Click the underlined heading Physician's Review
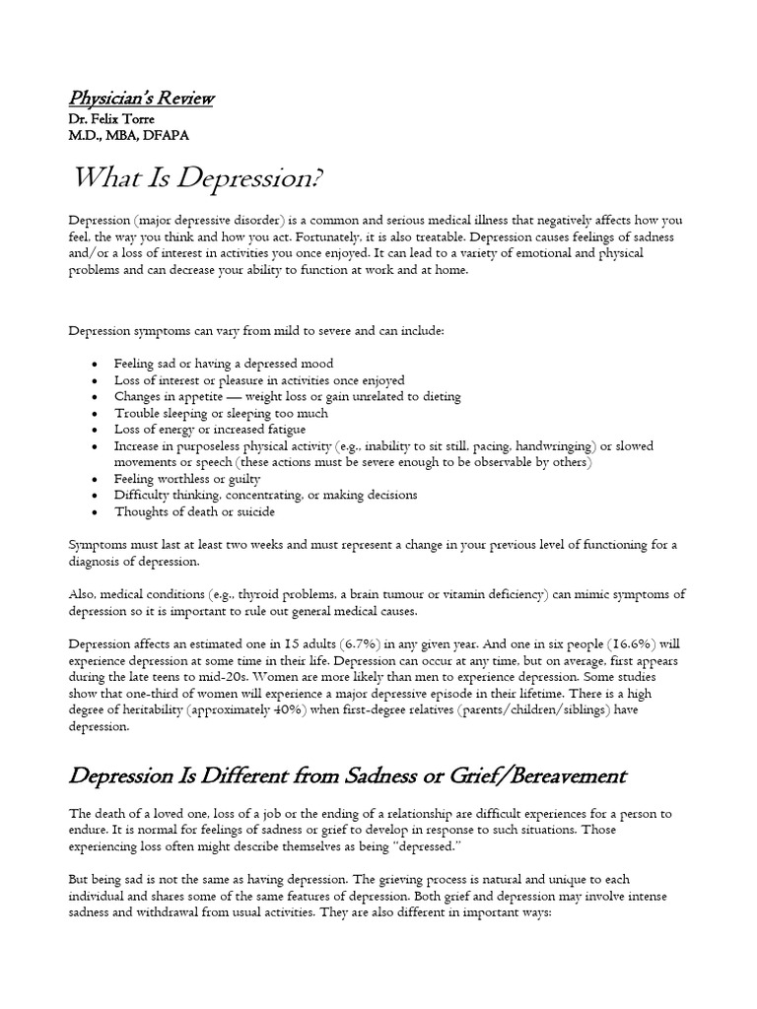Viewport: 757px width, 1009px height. click(x=141, y=98)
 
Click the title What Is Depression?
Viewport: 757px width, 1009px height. click(x=198, y=181)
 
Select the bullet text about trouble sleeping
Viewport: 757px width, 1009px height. click(x=206, y=413)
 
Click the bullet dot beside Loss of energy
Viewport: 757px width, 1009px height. click(x=93, y=430)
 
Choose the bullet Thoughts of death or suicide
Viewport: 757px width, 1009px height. click(x=194, y=511)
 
